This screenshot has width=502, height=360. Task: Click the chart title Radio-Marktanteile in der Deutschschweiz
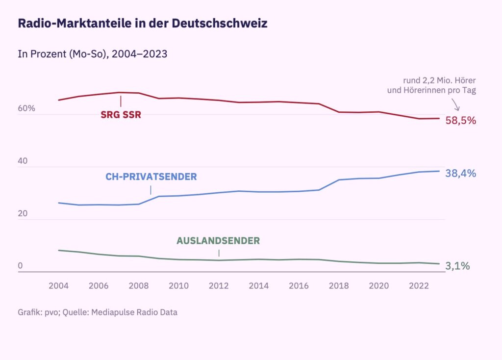point(143,24)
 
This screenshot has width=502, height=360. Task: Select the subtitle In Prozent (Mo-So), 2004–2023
point(93,54)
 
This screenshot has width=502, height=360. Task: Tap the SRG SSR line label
point(121,116)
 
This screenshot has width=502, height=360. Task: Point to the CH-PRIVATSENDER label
point(151,177)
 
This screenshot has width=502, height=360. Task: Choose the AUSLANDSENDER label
point(218,241)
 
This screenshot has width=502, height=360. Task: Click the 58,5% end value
point(461,120)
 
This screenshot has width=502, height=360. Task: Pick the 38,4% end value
point(461,173)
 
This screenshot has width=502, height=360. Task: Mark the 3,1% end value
point(458,266)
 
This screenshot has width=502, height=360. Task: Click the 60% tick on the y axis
point(26,108)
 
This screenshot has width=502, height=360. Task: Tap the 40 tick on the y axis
point(23,161)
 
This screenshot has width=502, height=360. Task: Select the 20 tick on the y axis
point(23,214)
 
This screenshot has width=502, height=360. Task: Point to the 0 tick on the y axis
point(21,266)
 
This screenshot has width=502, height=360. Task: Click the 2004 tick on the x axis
point(59,286)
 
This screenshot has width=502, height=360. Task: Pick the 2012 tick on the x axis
point(219,286)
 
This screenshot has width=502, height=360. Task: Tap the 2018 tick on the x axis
point(339,286)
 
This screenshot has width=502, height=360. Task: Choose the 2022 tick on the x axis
point(419,286)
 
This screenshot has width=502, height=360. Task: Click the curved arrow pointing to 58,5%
point(455,104)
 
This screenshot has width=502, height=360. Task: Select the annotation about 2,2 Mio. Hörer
point(432,85)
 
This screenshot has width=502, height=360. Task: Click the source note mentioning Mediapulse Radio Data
point(98,312)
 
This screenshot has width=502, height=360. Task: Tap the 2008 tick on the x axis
point(139,286)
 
